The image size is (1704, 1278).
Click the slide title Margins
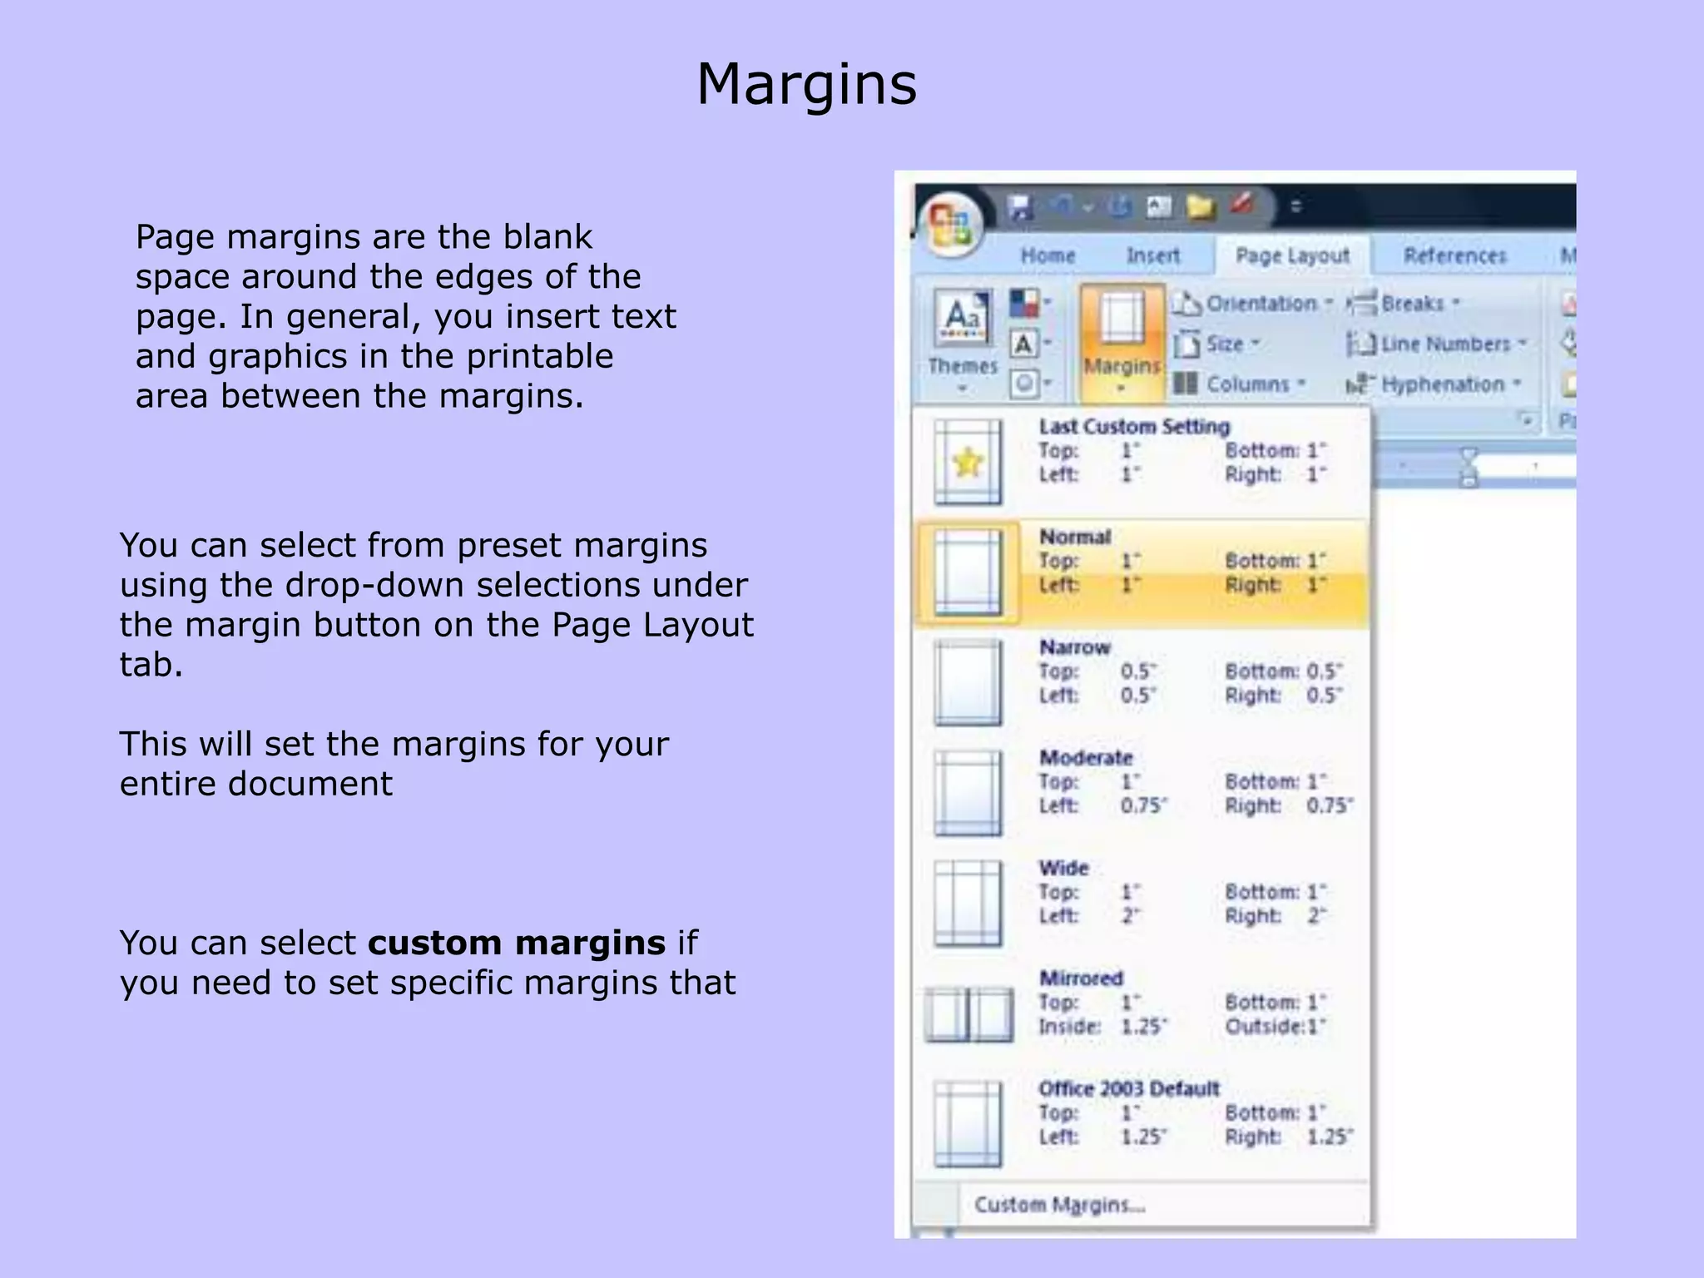[x=806, y=85]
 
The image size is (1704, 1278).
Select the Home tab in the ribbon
[x=1048, y=255]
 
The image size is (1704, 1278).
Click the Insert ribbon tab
[x=1152, y=255]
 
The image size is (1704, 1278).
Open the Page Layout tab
[x=1291, y=255]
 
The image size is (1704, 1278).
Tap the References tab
[x=1454, y=255]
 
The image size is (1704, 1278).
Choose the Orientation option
[x=1251, y=304]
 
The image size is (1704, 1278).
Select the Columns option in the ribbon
[x=1240, y=384]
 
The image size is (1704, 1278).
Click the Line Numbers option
[x=1437, y=344]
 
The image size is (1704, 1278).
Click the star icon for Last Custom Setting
[x=968, y=462]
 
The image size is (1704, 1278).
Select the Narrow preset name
[x=1074, y=647]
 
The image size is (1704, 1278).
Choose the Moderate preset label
[x=1086, y=758]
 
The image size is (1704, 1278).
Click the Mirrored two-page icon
[x=968, y=1014]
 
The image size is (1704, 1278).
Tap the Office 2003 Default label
[x=1128, y=1088]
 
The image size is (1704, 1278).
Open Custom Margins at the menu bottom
[x=1059, y=1205]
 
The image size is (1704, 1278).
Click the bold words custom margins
[x=516, y=944]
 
